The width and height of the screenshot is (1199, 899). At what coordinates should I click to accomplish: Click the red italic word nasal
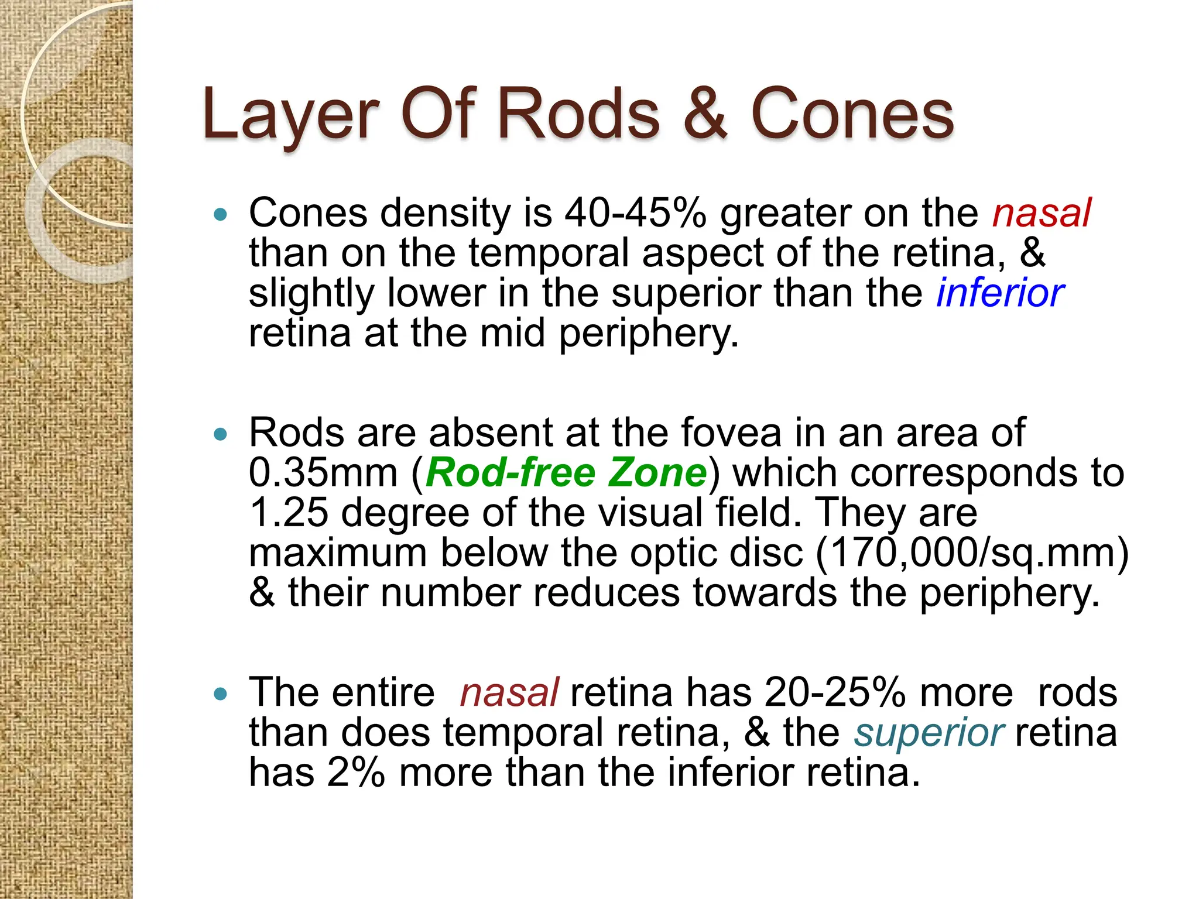click(1041, 213)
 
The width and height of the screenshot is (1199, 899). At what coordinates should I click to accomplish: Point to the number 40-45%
click(635, 213)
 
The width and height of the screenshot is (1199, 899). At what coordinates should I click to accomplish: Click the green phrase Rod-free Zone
click(566, 473)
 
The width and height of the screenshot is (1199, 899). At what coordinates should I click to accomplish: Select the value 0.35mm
click(323, 473)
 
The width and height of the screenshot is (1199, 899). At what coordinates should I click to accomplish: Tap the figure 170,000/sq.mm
click(972, 553)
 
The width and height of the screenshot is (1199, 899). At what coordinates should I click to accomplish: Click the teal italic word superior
click(929, 733)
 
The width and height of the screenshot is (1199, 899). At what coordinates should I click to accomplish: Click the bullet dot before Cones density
click(220, 215)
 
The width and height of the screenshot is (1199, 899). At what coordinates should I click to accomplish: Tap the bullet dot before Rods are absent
click(220, 434)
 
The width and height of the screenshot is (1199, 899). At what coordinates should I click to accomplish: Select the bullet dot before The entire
click(220, 695)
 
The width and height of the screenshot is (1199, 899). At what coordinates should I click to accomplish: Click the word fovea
click(731, 433)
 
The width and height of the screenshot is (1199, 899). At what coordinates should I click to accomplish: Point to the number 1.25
click(289, 513)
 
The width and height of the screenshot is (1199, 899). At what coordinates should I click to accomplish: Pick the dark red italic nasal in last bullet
click(509, 693)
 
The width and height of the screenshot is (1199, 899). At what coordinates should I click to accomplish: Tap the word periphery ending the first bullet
click(648, 334)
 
